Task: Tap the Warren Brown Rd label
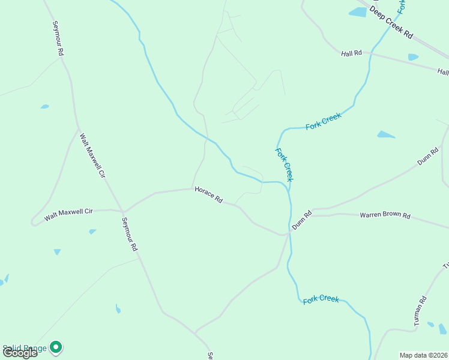(x=385, y=215)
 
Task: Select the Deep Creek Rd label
(x=391, y=23)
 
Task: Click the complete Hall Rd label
(x=351, y=53)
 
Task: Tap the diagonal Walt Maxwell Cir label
(x=92, y=155)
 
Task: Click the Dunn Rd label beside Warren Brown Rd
(x=302, y=220)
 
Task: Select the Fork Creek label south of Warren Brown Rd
(x=321, y=299)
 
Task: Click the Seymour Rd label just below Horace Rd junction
(x=130, y=234)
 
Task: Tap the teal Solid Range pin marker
(x=56, y=347)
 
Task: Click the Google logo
(x=19, y=352)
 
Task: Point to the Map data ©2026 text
(x=423, y=355)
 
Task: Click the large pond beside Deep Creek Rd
(x=358, y=12)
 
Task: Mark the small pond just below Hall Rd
(x=413, y=57)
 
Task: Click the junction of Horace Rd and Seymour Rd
(x=123, y=212)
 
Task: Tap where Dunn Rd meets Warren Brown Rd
(x=312, y=214)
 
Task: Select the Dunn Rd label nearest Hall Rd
(x=428, y=156)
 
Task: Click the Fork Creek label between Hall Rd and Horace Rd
(x=323, y=122)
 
